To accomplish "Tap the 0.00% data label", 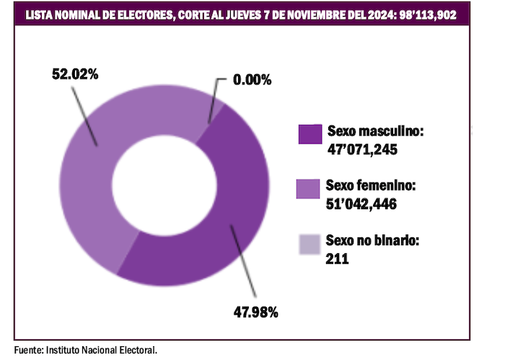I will click(251, 80).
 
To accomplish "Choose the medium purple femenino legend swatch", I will click(309, 188).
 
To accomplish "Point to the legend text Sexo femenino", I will click(371, 185).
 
